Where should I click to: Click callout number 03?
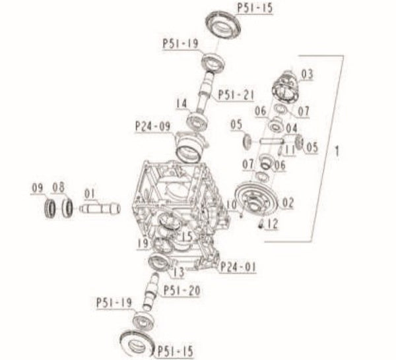pyautogui.click(x=307, y=73)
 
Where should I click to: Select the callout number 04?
pyautogui.click(x=292, y=127)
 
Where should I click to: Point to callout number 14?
pyautogui.click(x=182, y=103)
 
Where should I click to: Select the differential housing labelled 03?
pyautogui.click(x=287, y=86)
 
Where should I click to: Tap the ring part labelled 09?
pyautogui.click(x=49, y=210)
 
